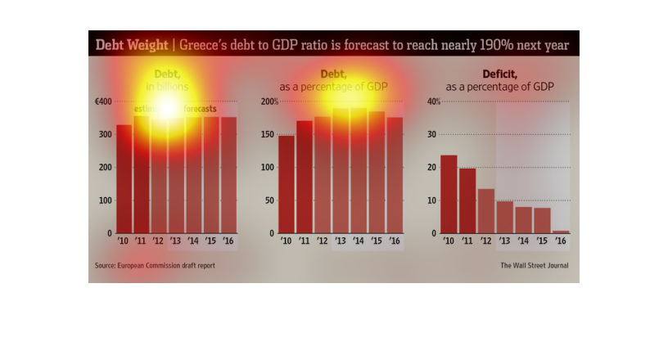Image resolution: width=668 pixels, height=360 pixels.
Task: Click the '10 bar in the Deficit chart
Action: click(449, 194)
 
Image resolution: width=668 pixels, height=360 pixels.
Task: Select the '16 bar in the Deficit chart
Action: click(561, 232)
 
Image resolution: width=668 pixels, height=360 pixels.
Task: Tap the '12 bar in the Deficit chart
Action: click(486, 211)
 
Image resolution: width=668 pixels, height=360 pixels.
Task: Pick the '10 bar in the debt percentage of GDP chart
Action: click(286, 184)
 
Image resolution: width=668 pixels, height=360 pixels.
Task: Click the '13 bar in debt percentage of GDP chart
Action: click(341, 171)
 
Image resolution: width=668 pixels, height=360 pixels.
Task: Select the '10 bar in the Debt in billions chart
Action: click(124, 179)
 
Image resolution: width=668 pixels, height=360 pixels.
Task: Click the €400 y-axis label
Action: click(103, 101)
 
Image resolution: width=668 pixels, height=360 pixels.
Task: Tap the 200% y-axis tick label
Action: click(269, 101)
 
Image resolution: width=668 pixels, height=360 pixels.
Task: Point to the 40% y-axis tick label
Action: click(434, 101)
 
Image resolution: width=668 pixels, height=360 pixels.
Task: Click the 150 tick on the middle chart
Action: click(268, 134)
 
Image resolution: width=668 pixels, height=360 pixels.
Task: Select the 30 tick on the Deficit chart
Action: click(431, 134)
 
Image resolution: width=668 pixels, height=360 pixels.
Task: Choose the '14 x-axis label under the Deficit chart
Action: click(523, 241)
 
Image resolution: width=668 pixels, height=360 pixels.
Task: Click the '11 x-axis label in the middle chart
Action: click(305, 241)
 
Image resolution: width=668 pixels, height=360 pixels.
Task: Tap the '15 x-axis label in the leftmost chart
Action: click(211, 241)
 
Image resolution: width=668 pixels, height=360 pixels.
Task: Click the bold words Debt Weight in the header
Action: click(131, 44)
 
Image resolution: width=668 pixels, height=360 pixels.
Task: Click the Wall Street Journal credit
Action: click(535, 265)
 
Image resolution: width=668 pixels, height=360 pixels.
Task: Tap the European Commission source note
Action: click(156, 265)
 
